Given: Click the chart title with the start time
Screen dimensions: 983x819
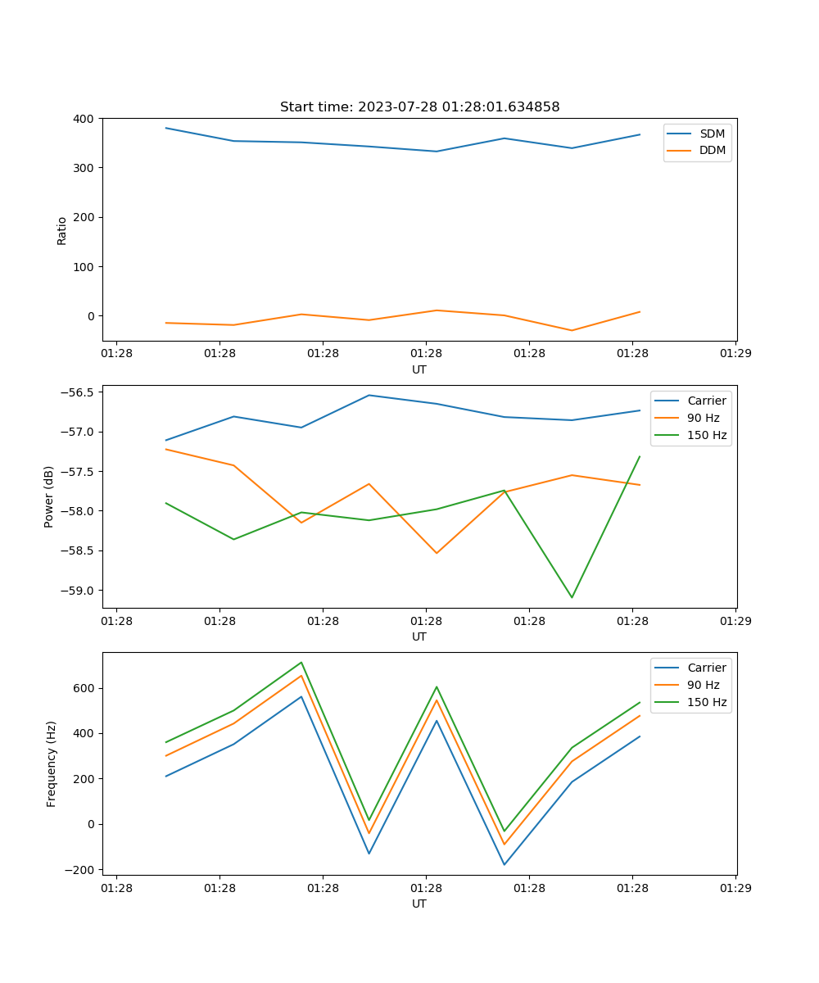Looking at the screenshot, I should click(419, 107).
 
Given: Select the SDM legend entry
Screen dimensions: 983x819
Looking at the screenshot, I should click(712, 134).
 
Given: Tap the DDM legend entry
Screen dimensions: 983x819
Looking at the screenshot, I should click(712, 151).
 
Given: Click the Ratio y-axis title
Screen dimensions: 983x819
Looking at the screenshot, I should click(62, 230).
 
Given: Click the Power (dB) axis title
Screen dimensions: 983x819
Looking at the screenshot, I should click(50, 496).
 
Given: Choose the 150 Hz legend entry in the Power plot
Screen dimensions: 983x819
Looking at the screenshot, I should click(707, 436).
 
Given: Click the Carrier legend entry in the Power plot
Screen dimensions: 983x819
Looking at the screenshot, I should click(707, 401).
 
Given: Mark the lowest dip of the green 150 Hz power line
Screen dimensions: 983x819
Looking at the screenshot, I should click(572, 597).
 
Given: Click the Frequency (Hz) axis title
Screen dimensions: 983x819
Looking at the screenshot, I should click(52, 763).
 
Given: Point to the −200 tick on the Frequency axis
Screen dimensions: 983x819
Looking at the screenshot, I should click(79, 870).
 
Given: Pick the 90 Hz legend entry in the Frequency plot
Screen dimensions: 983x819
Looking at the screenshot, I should click(704, 685).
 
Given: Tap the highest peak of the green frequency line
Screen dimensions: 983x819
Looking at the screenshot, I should click(301, 663).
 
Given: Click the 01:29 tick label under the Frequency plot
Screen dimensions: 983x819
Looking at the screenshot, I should click(735, 887).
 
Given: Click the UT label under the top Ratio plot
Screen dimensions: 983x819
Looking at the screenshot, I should click(419, 369).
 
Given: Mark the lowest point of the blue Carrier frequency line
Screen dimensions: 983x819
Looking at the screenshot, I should click(504, 864).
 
